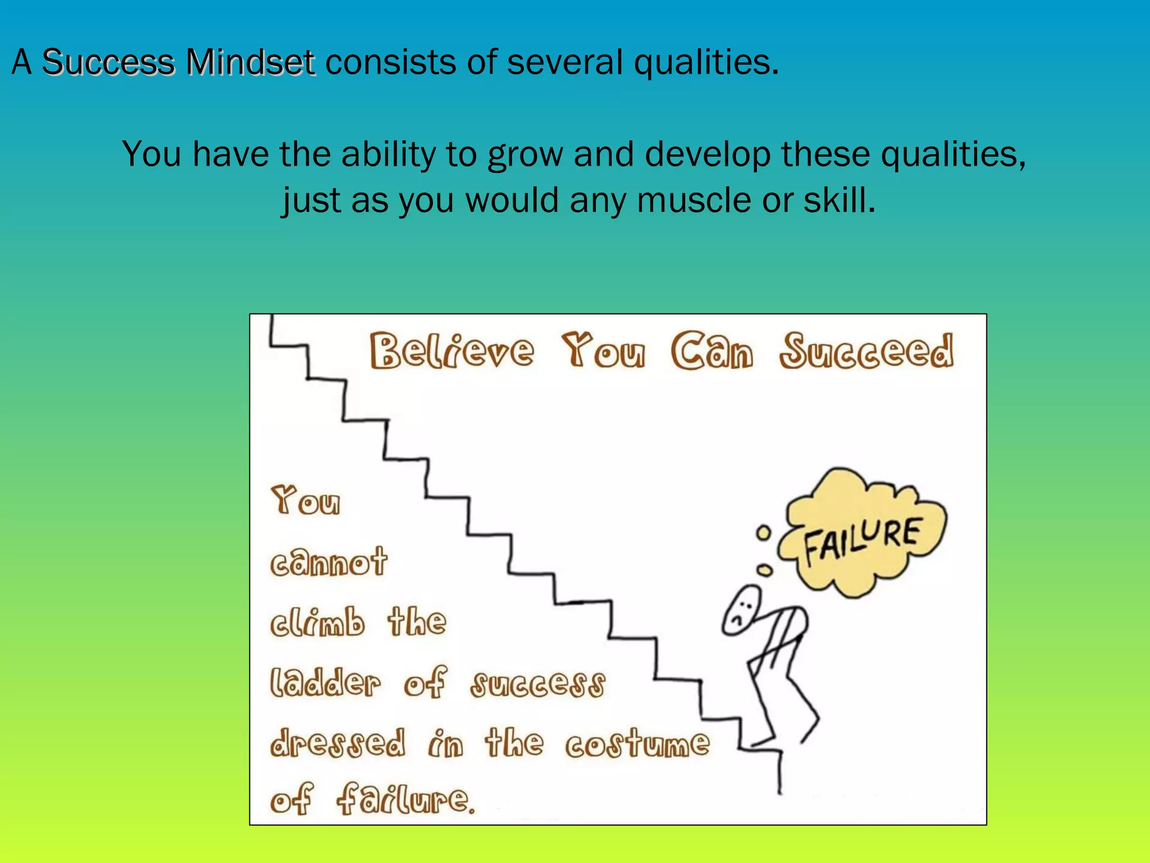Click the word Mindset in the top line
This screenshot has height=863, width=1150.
[x=250, y=62]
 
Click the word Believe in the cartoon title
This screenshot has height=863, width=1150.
[x=451, y=351]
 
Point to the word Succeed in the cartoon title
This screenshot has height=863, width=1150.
[x=866, y=351]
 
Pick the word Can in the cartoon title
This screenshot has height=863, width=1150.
[x=712, y=351]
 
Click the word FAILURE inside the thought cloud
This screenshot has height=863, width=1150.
[x=862, y=540]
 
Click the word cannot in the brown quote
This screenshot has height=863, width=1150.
[x=329, y=562]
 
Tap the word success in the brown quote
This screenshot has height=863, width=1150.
[x=538, y=684]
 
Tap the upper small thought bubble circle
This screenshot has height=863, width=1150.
[x=763, y=533]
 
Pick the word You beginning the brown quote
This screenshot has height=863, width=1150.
[x=306, y=501]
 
